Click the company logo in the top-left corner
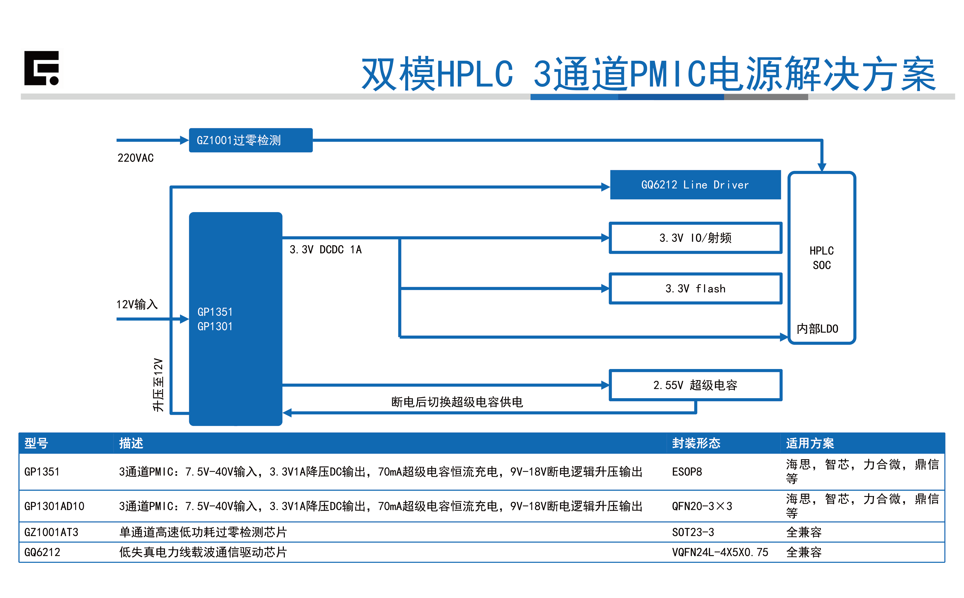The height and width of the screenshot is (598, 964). [41, 68]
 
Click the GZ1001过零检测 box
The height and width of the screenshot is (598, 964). [251, 140]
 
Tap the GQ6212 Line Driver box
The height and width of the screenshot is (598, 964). [695, 185]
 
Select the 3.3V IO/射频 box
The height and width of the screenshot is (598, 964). [695, 238]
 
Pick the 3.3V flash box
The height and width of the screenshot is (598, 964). [695, 288]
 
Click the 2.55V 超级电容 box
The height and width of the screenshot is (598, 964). [695, 385]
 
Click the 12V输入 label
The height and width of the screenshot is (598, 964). [137, 304]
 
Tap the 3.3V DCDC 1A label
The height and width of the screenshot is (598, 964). [325, 249]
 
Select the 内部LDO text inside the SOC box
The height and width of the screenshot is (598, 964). [817, 329]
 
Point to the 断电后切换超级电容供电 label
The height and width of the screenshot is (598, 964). [457, 402]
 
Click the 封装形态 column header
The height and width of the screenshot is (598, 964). [696, 443]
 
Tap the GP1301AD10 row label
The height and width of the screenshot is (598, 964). [54, 506]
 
